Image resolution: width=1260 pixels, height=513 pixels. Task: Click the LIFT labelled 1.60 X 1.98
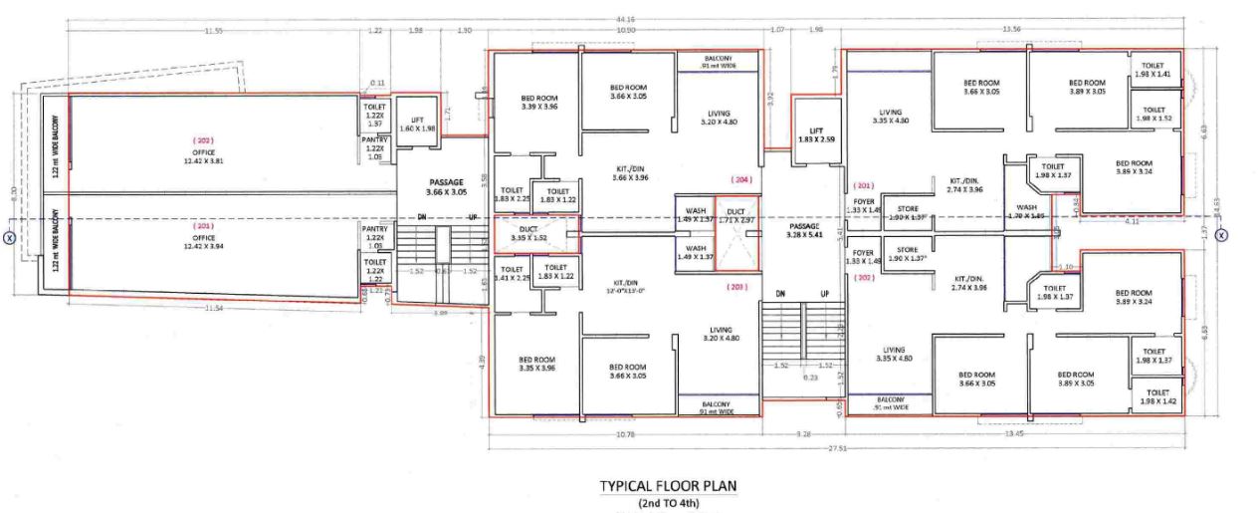[417, 123]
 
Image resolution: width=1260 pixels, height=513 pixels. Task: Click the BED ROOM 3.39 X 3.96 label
[538, 103]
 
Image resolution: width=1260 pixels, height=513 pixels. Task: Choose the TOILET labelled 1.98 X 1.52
[1154, 114]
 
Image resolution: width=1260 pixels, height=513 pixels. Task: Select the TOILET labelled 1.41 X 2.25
[512, 274]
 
